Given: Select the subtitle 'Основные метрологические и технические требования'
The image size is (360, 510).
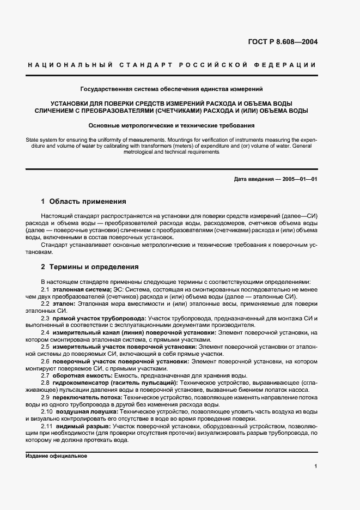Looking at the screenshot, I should pyautogui.click(x=172, y=125).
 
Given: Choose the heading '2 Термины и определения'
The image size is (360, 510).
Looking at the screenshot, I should pyautogui.click(x=90, y=267).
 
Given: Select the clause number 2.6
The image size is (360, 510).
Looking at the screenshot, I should pyautogui.click(x=46, y=361).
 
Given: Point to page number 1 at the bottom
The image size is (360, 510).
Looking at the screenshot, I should pyautogui.click(x=316, y=466).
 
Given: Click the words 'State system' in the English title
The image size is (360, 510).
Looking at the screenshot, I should pyautogui.click(x=42, y=140).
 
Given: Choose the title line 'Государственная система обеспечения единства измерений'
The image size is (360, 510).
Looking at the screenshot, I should pyautogui.click(x=172, y=88).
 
